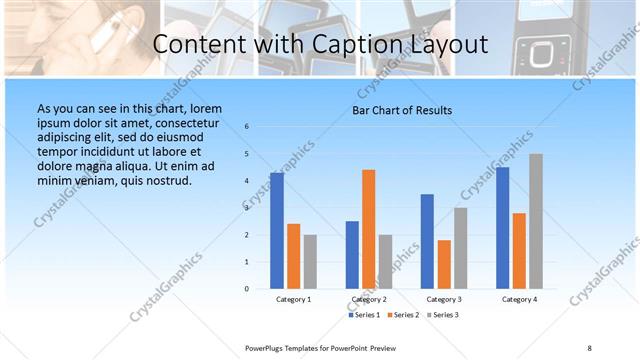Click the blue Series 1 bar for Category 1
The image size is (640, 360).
[277, 231]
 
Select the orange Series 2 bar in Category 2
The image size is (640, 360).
[369, 229]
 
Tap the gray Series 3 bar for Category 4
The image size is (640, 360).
[536, 221]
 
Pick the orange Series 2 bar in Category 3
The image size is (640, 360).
[444, 264]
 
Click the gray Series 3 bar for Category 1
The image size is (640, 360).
[310, 262]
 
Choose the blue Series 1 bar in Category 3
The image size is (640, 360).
[427, 241]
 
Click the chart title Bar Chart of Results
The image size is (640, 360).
[402, 110]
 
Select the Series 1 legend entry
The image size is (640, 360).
[365, 315]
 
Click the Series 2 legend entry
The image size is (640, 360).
[403, 315]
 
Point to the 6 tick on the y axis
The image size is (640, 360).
[247, 127]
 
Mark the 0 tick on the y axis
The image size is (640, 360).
[247, 289]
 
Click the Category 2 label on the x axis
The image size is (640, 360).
[369, 299]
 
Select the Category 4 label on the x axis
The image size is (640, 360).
[519, 299]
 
